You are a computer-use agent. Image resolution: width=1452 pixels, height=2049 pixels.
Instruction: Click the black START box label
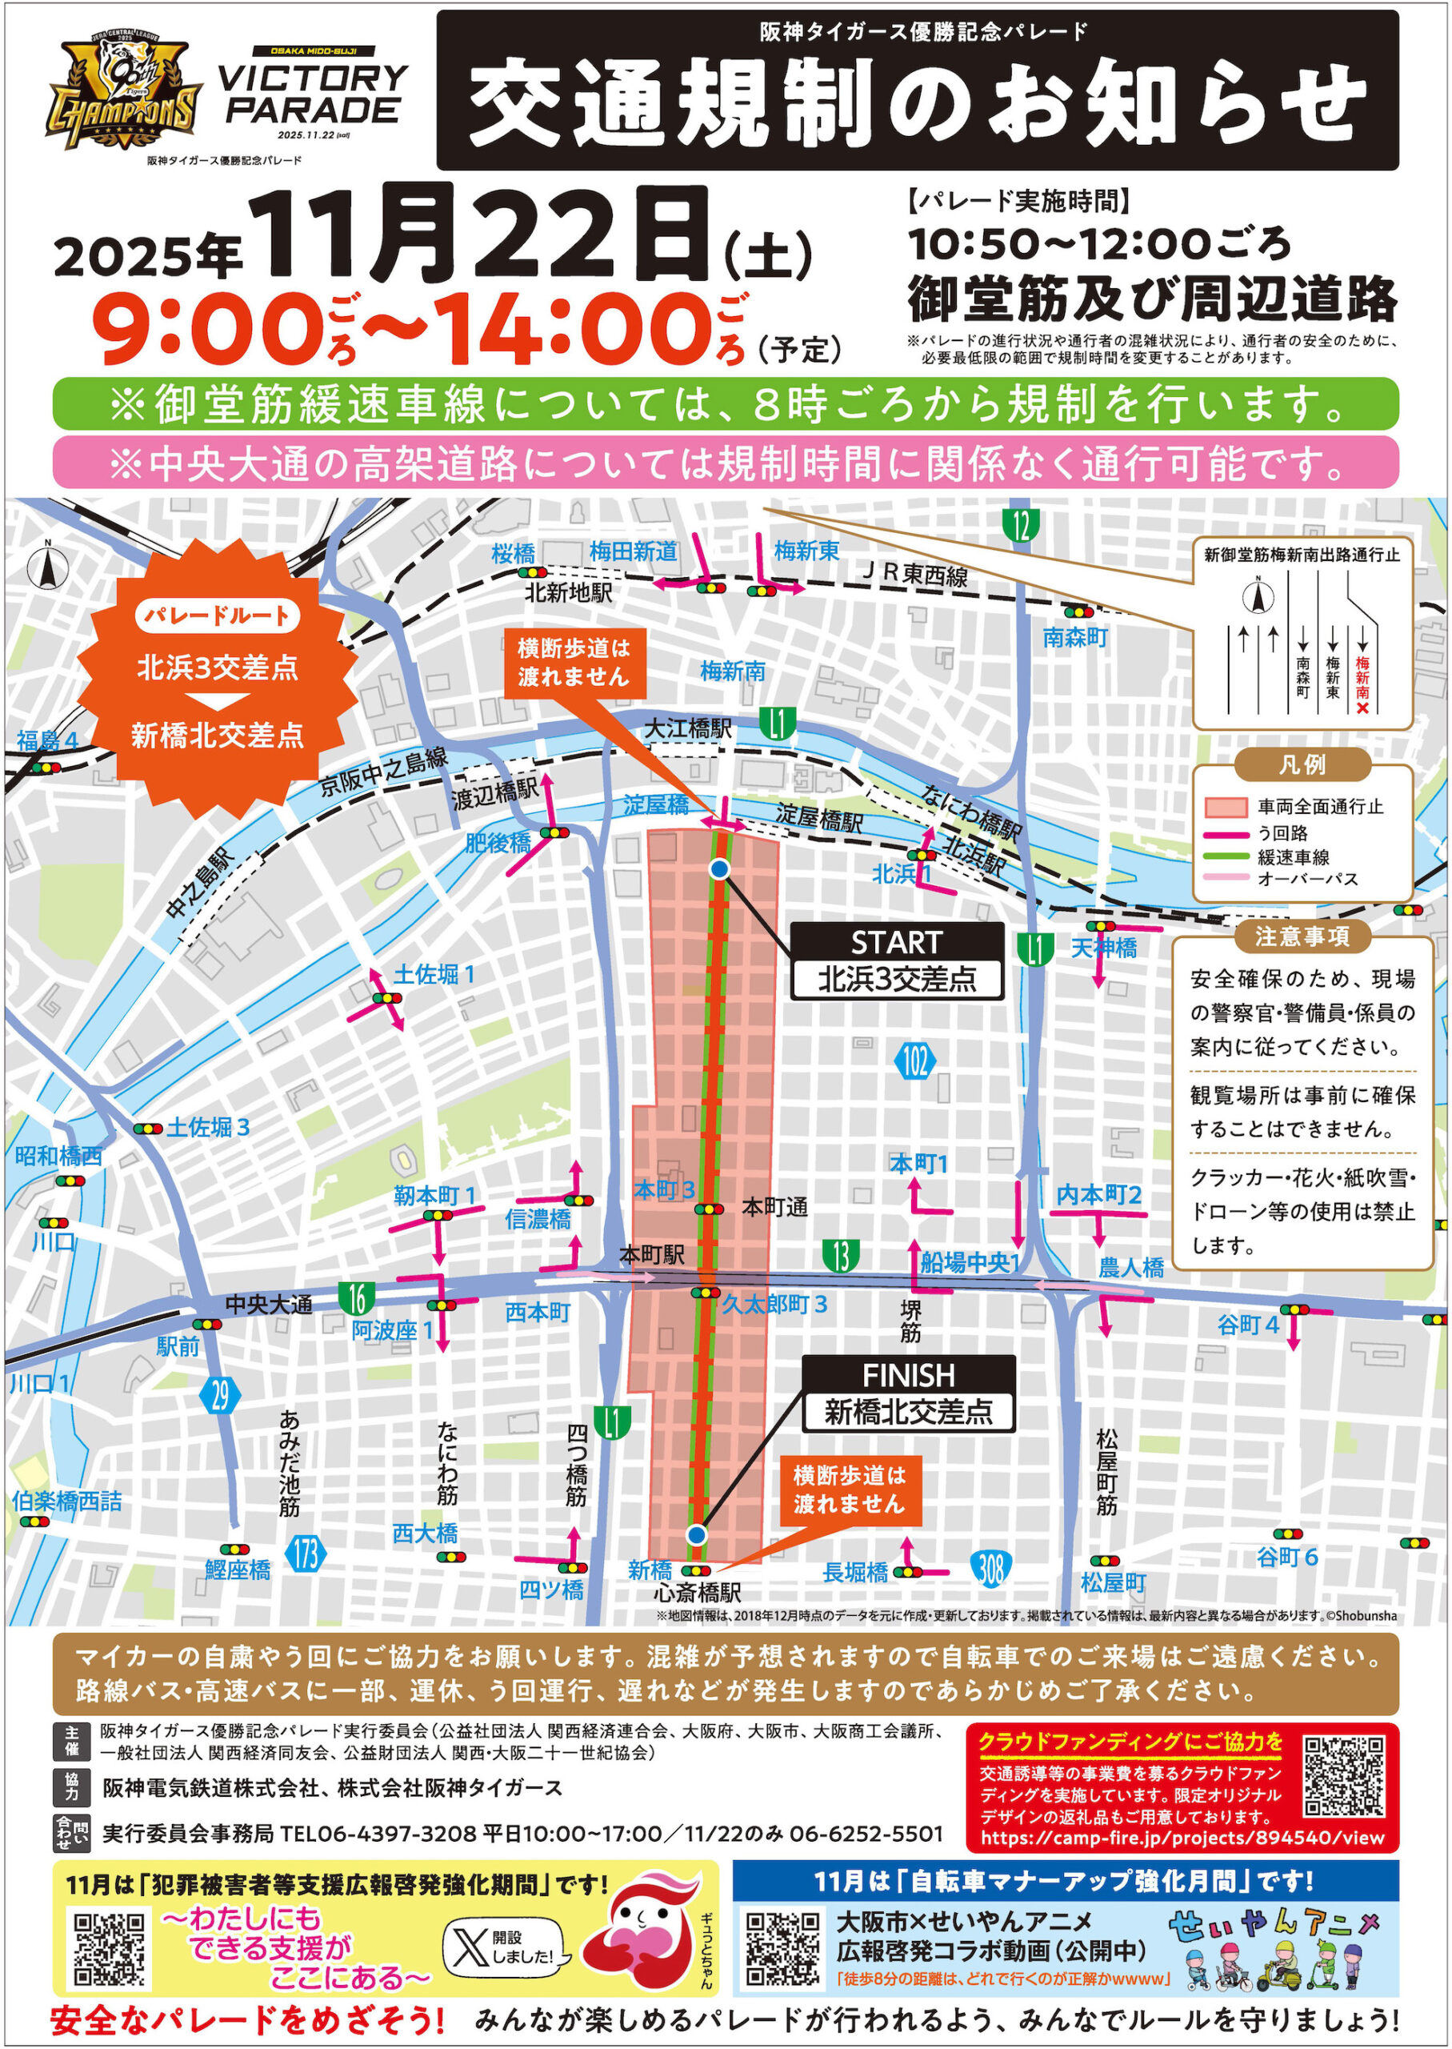896,943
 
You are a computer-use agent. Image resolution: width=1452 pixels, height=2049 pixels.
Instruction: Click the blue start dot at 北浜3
720,868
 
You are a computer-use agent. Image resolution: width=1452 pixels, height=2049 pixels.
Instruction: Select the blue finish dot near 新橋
698,1534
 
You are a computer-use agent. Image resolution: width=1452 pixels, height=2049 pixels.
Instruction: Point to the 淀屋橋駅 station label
818,817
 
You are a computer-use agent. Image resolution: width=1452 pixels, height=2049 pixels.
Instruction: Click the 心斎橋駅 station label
698,1593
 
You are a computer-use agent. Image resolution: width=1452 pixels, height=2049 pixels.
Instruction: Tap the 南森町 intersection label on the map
1074,638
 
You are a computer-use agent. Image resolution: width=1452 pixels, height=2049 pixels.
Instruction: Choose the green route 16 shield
357,1297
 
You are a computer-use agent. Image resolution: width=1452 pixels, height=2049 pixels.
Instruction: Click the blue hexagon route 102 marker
914,1061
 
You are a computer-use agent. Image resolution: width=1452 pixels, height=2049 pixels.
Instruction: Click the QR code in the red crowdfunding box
1344,1774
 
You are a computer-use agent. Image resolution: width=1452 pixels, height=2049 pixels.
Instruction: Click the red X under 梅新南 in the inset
1362,708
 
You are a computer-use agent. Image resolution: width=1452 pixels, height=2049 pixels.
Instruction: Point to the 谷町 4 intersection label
1247,1325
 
